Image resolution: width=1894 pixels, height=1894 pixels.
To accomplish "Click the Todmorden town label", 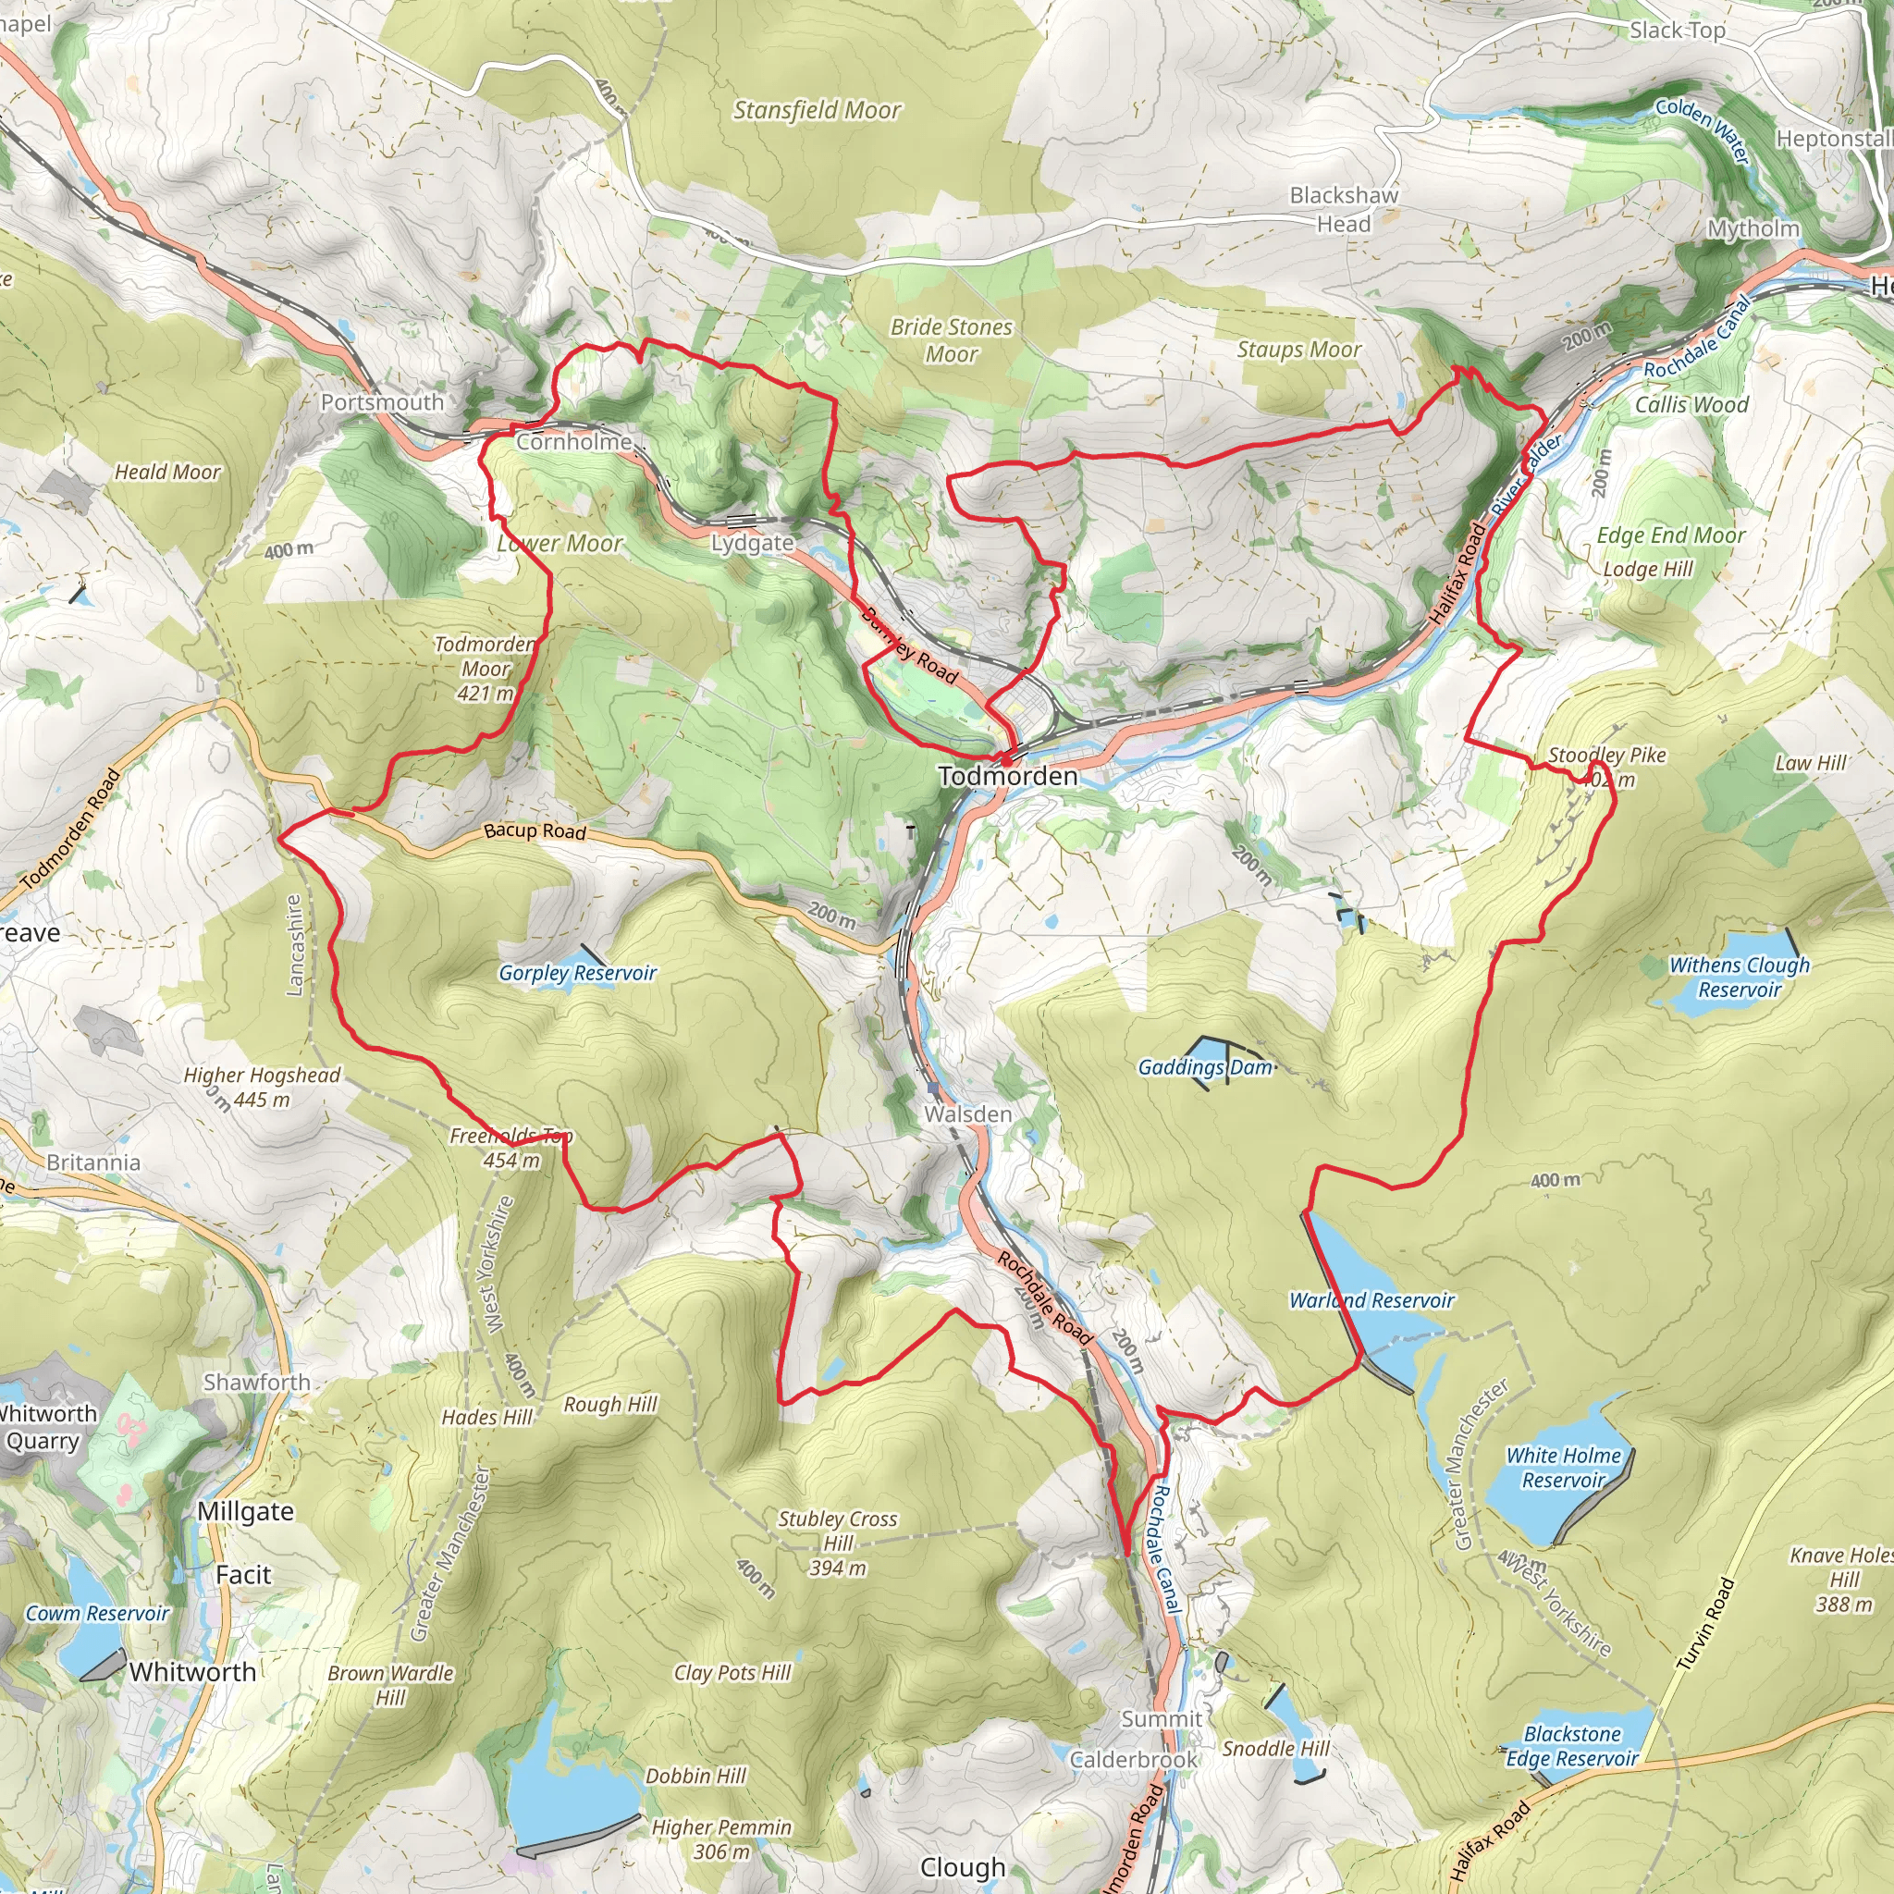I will (x=1007, y=777).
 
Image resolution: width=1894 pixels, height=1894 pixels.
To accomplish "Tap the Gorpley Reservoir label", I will (x=576, y=973).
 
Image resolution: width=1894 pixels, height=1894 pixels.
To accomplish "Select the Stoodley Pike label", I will (x=1606, y=755).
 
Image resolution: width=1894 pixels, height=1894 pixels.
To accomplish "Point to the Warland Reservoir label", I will (x=1371, y=1300).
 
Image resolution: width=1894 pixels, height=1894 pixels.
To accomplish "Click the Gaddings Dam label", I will (x=1205, y=1066).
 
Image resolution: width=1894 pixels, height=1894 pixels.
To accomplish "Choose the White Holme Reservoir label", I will (x=1563, y=1468).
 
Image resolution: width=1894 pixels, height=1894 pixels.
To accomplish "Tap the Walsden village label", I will (x=966, y=1113).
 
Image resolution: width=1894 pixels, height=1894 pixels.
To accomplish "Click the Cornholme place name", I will (x=573, y=441).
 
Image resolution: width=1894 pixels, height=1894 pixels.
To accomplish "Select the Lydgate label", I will (x=752, y=542).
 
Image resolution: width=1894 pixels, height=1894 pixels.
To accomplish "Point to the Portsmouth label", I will (x=382, y=402).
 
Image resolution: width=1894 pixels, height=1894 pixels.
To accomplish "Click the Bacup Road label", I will (x=535, y=831).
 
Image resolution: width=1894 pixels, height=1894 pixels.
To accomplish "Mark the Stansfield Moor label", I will (x=817, y=110).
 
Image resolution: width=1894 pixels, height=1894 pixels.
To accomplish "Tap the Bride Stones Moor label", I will (x=951, y=340).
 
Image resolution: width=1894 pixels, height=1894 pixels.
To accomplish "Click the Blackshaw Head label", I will (x=1343, y=209).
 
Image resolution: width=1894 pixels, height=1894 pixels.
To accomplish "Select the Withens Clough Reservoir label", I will (x=1740, y=978).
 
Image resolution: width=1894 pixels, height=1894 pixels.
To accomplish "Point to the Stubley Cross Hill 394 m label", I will (x=837, y=1543).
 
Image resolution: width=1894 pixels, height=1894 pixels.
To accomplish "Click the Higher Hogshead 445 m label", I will (x=262, y=1087).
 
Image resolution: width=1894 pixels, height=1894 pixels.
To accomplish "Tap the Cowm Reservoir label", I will (x=97, y=1614).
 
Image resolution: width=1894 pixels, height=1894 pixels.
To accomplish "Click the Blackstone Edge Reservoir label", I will (x=1571, y=1746).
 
